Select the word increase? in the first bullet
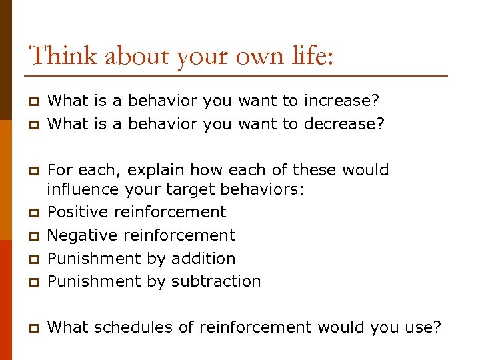341,101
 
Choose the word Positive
78,212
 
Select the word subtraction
215,281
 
